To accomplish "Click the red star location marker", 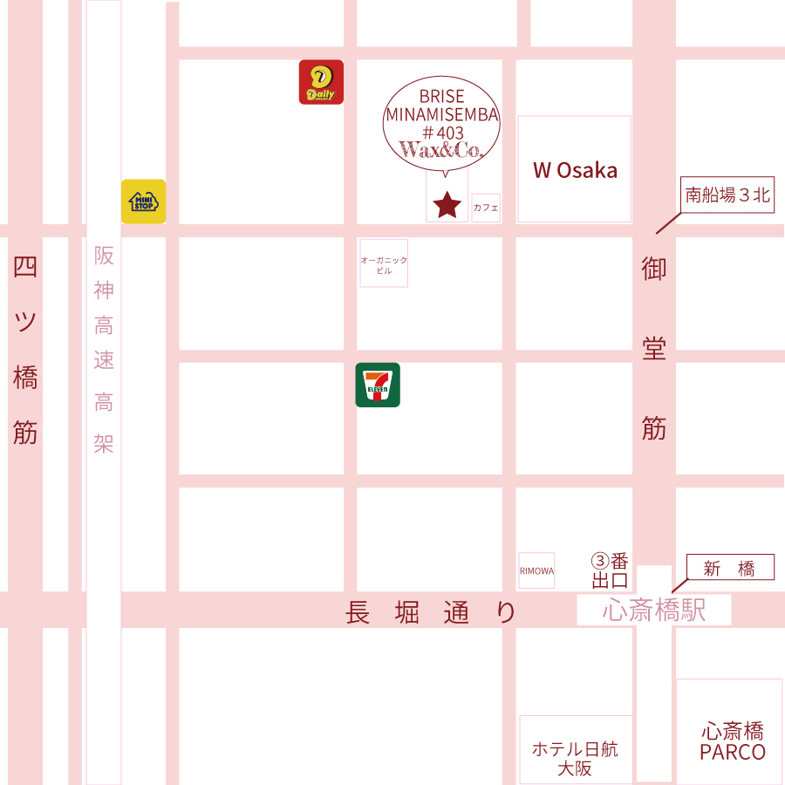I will pos(447,205).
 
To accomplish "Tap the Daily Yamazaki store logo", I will pos(321,82).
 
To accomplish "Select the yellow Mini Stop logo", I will pos(143,201).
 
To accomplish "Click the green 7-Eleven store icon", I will pos(378,385).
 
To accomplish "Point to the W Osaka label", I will pos(575,170).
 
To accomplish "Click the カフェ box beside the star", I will pos(486,208).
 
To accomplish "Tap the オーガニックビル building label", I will pos(384,265).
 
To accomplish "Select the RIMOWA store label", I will pos(536,571).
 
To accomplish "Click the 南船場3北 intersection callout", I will pos(727,195).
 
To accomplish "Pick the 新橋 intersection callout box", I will pos(730,569).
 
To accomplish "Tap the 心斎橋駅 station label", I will pos(653,611).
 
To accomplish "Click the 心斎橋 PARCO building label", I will pos(733,741).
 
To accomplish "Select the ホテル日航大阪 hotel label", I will pos(575,759).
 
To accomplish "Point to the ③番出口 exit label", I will pos(610,570).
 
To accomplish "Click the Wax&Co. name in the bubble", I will pos(441,150).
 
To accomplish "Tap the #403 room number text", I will pos(442,132).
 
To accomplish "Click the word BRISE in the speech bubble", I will pos(442,96).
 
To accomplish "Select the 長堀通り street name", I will pos(431,613).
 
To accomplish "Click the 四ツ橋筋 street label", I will pos(25,349).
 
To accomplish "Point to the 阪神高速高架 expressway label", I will pos(104,349).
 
